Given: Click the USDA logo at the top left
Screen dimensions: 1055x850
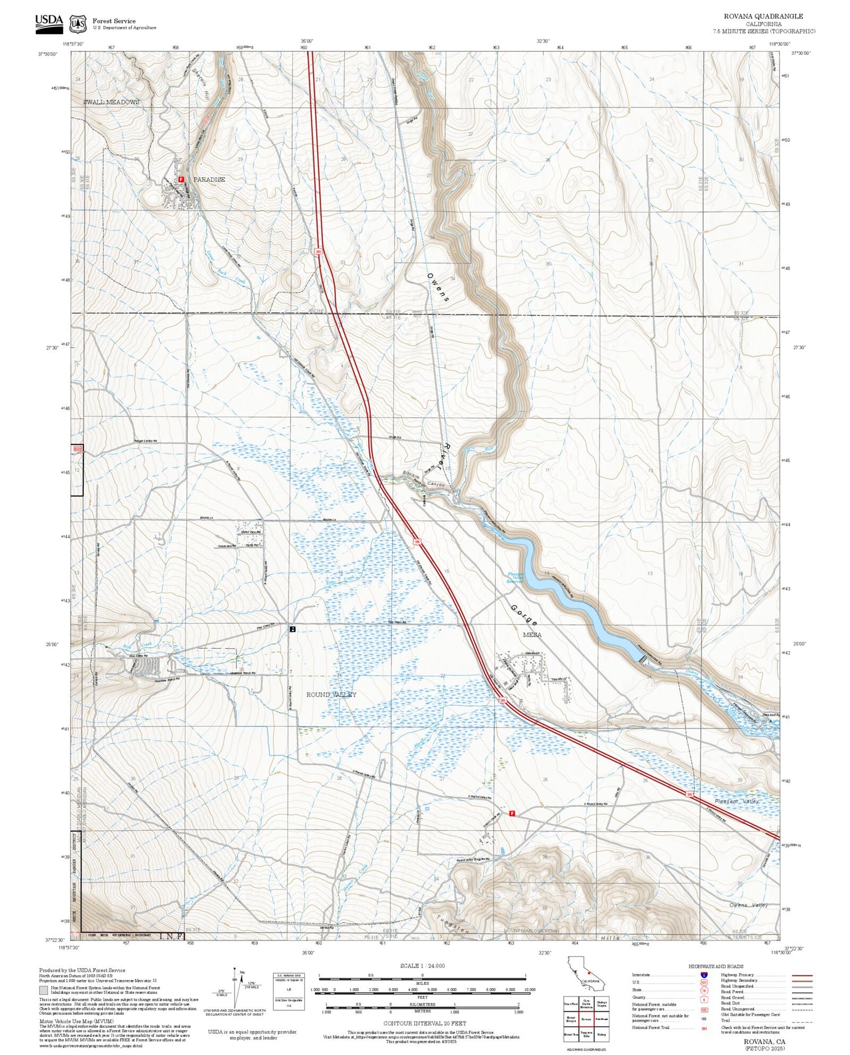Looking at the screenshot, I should pos(49,24).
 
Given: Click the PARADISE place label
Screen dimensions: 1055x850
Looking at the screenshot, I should pos(209,180).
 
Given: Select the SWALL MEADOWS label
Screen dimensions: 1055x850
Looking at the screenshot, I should pos(111,102).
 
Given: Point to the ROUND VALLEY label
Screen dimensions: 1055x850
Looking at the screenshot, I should pos(331,695).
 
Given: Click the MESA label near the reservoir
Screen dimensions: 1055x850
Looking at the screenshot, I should pos(532,635).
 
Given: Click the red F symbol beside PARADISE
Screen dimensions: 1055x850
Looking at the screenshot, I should pos(181,179).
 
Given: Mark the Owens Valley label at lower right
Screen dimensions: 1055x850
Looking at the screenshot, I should pos(748,905).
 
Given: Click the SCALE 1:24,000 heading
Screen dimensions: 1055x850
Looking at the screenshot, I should pos(422,965).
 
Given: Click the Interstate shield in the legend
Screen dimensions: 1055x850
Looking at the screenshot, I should pos(703,975).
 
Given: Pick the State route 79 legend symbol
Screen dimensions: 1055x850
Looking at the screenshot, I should pos(703,990).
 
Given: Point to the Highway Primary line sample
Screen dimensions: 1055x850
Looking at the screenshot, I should pos(799,976).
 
